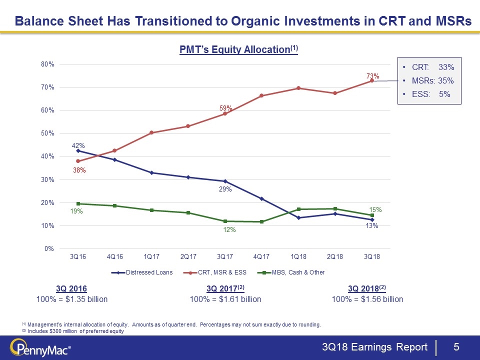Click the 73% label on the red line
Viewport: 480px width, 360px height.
[372, 76]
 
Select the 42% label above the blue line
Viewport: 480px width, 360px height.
[78, 145]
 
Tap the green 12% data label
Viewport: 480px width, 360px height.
[229, 229]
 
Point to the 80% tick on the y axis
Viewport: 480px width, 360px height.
[48, 64]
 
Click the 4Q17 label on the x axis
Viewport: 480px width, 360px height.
[261, 256]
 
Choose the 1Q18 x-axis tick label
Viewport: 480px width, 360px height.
[298, 256]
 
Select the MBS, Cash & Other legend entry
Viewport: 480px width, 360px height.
[300, 272]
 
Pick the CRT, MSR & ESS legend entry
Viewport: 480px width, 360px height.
[220, 272]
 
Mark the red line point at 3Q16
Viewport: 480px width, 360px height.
[78, 161]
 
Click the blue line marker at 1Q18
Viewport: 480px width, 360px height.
[298, 217]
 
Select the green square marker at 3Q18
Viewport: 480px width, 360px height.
[372, 215]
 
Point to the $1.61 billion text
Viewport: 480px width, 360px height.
[225, 299]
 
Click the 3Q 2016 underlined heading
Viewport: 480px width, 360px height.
[71, 288]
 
